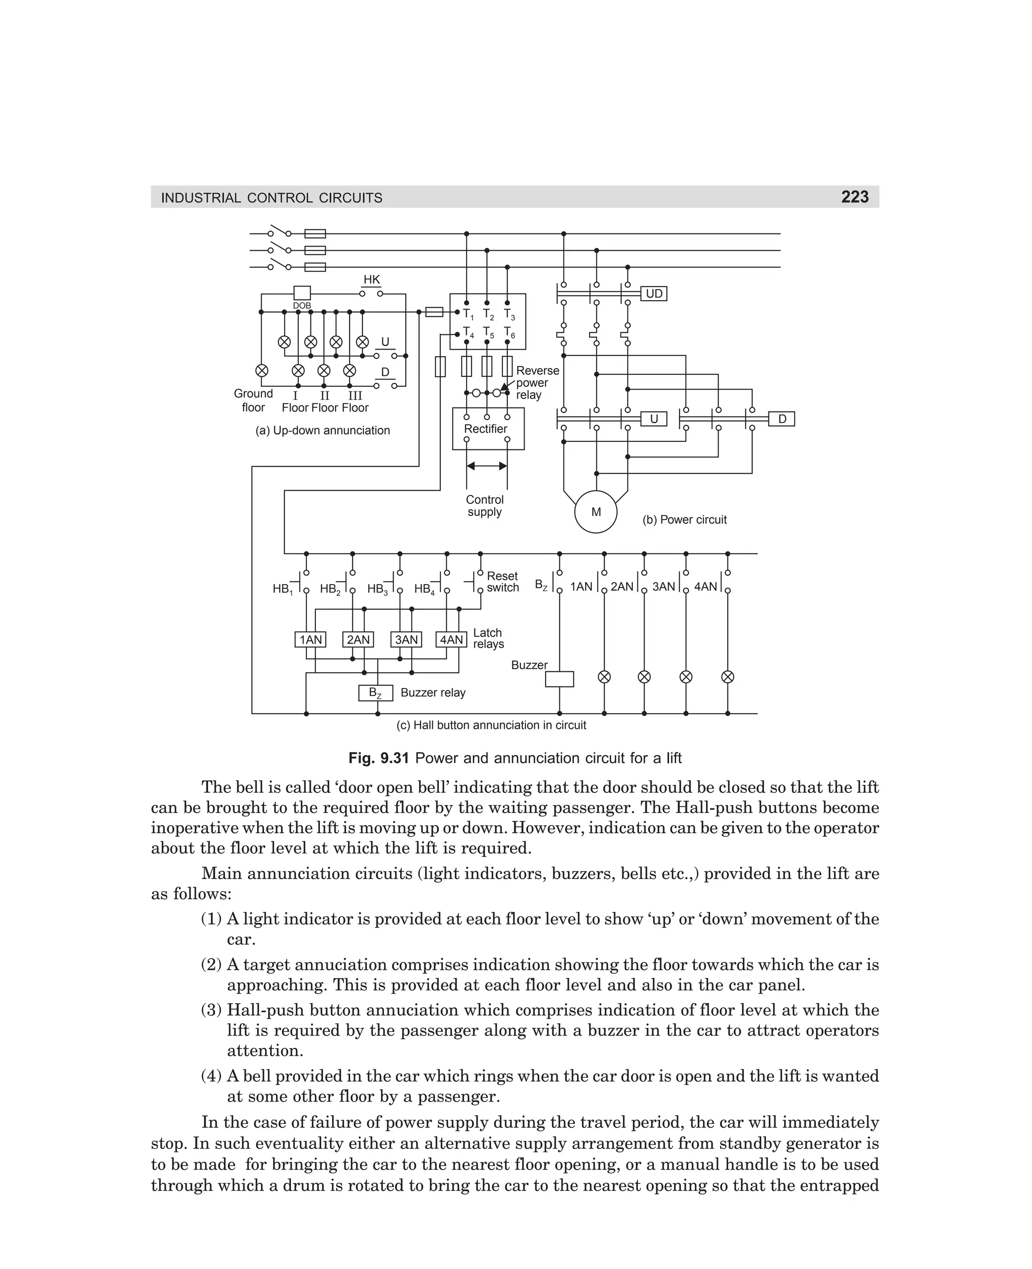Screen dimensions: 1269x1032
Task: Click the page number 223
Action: [854, 197]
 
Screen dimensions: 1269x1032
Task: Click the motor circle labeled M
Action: [596, 511]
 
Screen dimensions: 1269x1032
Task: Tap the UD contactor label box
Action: [654, 294]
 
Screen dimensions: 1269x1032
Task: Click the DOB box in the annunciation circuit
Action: [302, 293]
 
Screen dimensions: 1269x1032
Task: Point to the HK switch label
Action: [371, 279]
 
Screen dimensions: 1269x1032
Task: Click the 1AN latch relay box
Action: [310, 640]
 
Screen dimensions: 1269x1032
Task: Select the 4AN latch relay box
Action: [451, 640]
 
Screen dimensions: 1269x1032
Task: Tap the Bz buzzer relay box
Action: [376, 693]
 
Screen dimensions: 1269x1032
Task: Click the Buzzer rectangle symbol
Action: [559, 679]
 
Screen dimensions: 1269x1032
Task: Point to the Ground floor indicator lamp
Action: [261, 370]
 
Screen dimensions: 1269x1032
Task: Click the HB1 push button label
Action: [282, 589]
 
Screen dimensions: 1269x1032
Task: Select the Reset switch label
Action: [502, 582]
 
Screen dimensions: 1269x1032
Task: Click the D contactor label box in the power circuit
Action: [782, 419]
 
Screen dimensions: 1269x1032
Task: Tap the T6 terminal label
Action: [509, 332]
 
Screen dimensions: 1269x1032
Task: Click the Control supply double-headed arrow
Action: [487, 466]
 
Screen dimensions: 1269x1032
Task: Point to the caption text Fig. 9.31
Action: [378, 758]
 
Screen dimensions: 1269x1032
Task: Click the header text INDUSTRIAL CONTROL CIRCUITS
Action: [272, 198]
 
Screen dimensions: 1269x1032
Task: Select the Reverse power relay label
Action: [537, 382]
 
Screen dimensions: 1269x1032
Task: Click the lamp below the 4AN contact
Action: [727, 677]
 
